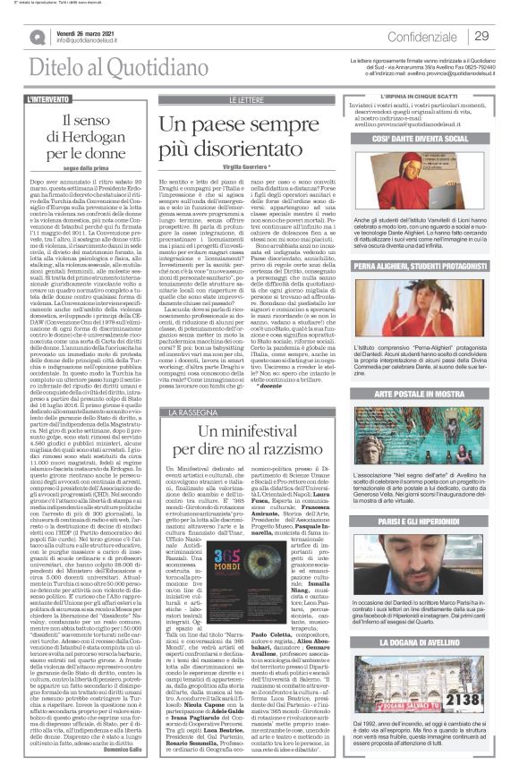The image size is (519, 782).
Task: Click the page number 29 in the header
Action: pos(481,36)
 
